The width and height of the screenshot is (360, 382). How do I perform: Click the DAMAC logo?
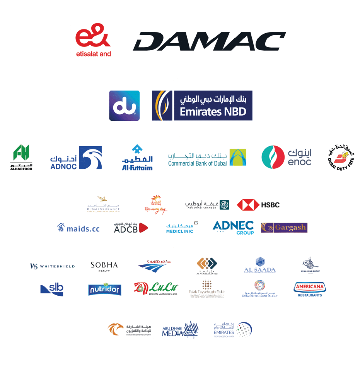(208, 41)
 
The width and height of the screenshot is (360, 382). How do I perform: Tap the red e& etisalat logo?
(94, 41)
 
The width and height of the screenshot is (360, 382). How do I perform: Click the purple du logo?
(124, 106)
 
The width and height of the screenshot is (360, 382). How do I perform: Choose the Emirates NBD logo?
(202, 106)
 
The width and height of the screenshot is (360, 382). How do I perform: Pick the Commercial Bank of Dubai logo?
(207, 158)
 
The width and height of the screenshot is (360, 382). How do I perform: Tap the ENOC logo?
(287, 158)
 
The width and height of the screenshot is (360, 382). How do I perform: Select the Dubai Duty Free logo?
(341, 158)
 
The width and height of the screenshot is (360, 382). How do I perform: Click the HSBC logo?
(258, 205)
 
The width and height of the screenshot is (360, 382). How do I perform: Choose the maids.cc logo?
(78, 228)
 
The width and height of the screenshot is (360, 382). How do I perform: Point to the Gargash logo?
(284, 228)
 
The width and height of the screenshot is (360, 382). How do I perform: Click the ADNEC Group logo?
(233, 228)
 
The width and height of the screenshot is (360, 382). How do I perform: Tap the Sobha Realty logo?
(104, 266)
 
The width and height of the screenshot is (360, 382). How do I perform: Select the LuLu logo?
(156, 289)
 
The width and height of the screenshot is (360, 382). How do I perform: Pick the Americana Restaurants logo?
(310, 289)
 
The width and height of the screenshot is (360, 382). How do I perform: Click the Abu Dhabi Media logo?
(181, 330)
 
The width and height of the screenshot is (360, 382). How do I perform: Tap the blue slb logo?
(53, 289)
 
